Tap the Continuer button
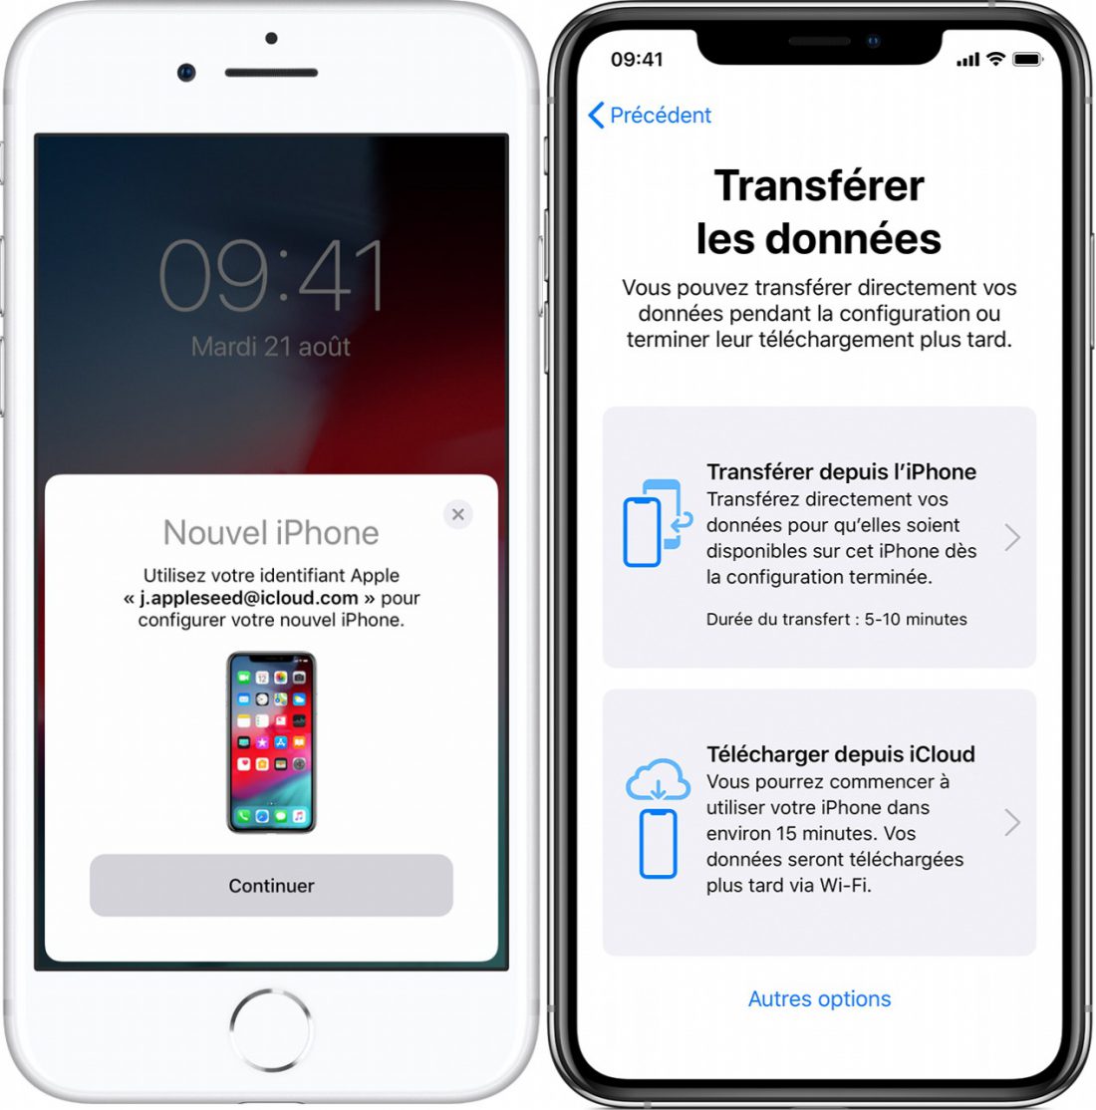coord(271,885)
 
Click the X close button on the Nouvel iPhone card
coord(458,514)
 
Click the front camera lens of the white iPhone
coord(186,72)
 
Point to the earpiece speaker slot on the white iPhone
coord(271,72)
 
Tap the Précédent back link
coord(650,115)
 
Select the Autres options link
coord(819,998)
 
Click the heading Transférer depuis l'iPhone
coord(841,471)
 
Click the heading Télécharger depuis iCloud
coord(840,754)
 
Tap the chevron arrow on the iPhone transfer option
coord(1012,538)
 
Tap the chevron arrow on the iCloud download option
coord(1012,823)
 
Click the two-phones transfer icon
coord(657,523)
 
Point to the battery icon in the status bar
coord(1027,60)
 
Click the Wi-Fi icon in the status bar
coord(995,59)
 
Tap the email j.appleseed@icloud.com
coord(248,598)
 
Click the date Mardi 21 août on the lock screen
coord(270,346)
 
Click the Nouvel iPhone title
coord(271,532)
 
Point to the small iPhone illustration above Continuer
coord(271,742)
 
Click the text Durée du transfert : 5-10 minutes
coord(836,619)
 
